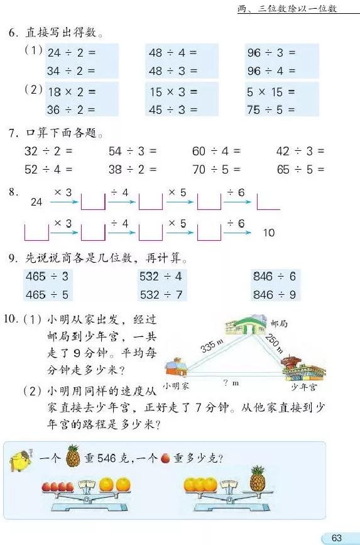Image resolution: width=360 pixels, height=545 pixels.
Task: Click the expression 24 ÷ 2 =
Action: (x=72, y=53)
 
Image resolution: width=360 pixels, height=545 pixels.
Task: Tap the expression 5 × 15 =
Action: (x=271, y=92)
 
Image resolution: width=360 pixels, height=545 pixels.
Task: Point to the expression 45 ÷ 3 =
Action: (x=172, y=109)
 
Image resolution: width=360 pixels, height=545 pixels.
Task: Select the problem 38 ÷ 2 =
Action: (x=133, y=169)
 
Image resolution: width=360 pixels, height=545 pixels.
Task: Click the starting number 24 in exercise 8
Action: (x=36, y=202)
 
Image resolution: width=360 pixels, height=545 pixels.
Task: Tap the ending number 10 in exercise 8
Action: (x=269, y=233)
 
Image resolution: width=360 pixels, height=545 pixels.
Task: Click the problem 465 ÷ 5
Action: (x=47, y=294)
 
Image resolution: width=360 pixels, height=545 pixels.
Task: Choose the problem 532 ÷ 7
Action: (x=161, y=294)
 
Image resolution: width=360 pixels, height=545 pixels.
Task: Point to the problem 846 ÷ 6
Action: (x=274, y=276)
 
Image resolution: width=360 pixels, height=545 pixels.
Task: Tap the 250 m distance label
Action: (x=274, y=343)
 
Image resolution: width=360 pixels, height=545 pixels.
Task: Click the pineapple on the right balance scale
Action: (x=257, y=480)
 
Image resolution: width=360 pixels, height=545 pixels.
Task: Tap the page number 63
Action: (x=337, y=538)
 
